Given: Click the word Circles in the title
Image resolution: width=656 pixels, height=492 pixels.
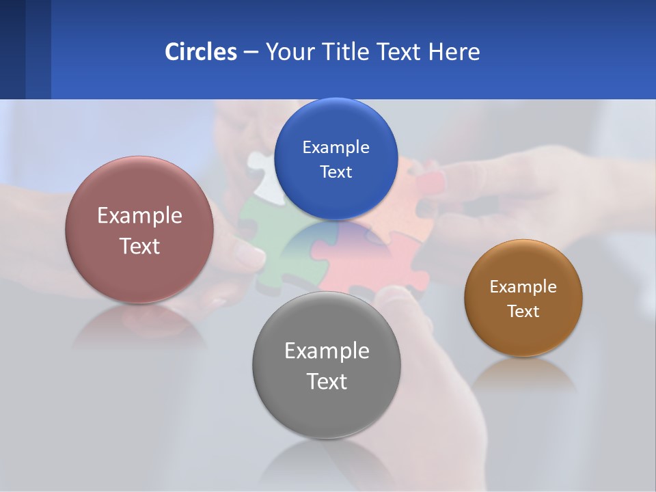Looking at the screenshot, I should click(200, 51).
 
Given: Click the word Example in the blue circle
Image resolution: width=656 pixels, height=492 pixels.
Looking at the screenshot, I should click(336, 147).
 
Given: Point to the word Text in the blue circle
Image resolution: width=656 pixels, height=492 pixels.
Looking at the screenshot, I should click(336, 172).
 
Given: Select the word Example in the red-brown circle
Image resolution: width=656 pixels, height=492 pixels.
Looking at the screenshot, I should click(139, 215).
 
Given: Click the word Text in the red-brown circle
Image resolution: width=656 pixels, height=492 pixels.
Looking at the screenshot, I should click(139, 246).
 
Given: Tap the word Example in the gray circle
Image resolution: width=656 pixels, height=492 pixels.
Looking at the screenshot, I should click(327, 351).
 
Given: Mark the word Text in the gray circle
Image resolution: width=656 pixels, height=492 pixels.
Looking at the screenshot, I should click(327, 381).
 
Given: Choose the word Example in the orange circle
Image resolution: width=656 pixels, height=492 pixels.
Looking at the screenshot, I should click(523, 286).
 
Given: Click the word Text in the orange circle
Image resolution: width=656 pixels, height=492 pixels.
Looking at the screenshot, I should click(523, 311).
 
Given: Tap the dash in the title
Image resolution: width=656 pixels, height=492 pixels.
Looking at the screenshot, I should click(250, 52).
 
